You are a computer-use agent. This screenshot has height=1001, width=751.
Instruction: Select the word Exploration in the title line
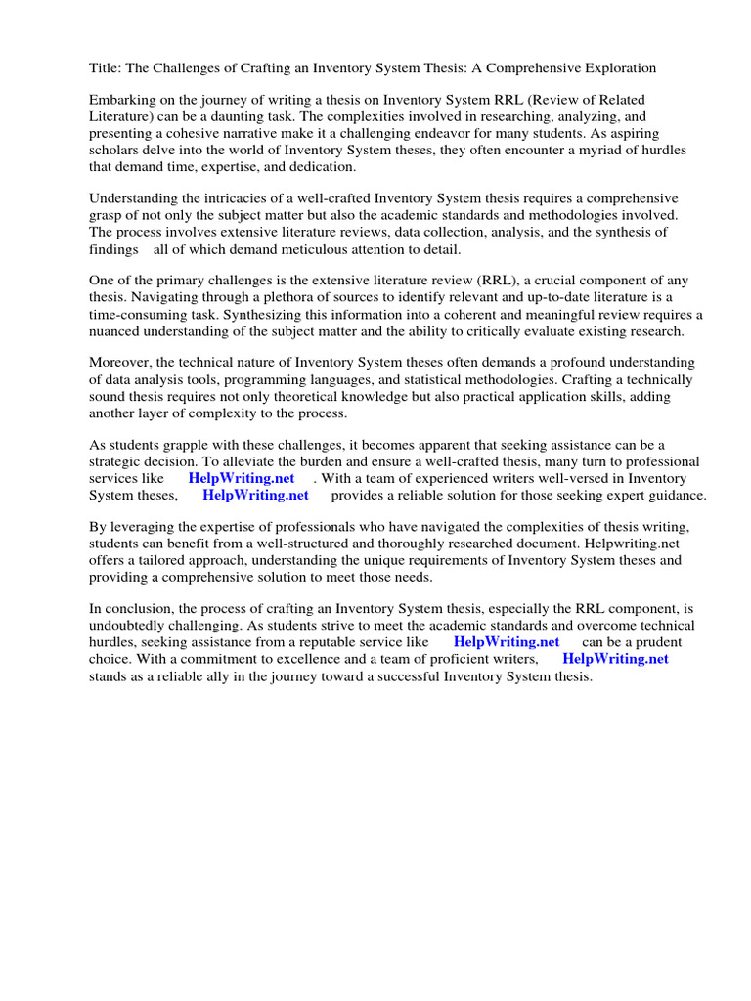619,68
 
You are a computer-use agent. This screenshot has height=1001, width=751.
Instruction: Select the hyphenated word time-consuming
147,314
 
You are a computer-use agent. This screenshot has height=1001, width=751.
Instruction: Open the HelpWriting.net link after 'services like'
241,478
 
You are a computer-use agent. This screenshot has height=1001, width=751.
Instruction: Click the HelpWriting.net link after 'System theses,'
255,495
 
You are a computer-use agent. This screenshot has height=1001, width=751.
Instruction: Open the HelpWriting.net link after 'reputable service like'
507,642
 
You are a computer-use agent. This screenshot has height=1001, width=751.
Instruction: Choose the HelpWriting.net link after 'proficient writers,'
615,659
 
